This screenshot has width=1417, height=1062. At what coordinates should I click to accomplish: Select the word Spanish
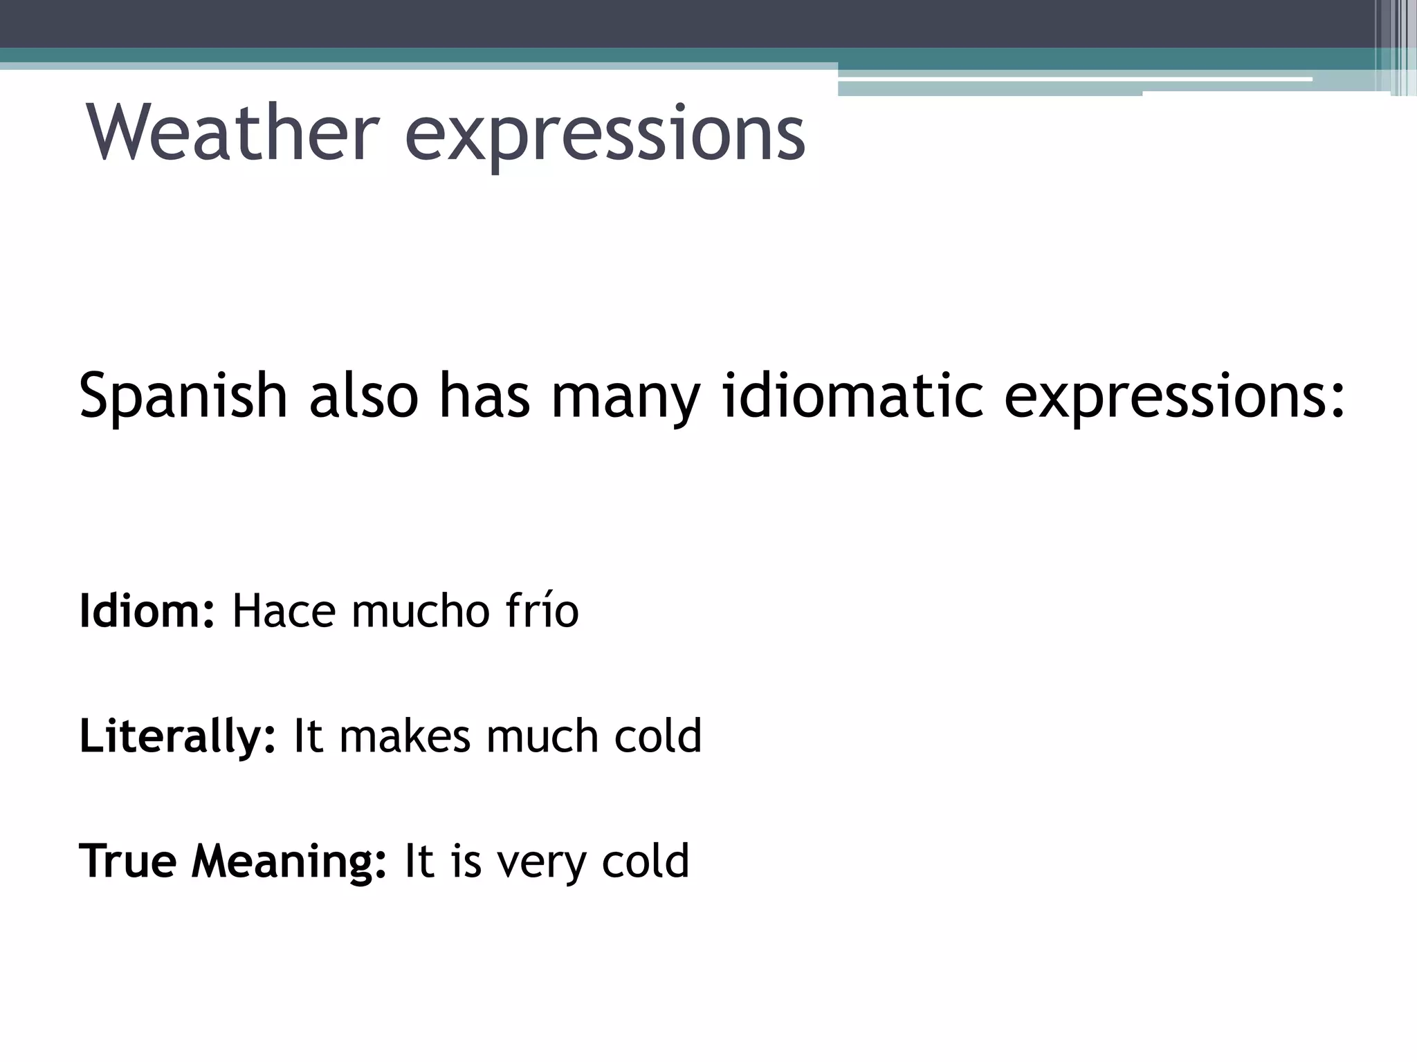click(x=183, y=395)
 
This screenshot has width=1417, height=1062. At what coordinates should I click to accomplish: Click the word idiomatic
click(x=852, y=395)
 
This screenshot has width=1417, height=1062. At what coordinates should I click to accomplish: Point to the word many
click(x=625, y=398)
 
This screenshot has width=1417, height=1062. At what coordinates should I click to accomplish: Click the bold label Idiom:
click(x=147, y=611)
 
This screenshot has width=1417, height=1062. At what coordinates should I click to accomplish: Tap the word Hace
click(x=284, y=611)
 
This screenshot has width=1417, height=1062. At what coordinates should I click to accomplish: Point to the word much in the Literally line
click(x=542, y=736)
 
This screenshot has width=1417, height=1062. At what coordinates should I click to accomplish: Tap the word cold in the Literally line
click(x=658, y=736)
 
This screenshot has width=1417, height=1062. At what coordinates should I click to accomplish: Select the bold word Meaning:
click(x=289, y=862)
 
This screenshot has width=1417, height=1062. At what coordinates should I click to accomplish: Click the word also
click(x=364, y=395)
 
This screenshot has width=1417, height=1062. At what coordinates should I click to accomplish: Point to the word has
click(x=484, y=395)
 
